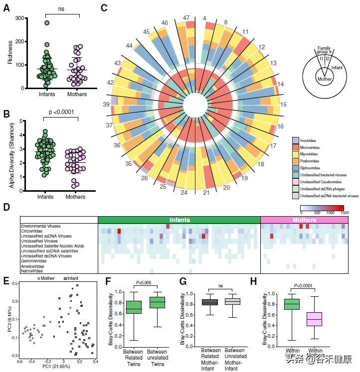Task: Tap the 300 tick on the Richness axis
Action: pyautogui.click(x=19, y=18)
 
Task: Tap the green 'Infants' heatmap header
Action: pyautogui.click(x=179, y=220)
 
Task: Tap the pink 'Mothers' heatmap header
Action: pyautogui.click(x=304, y=220)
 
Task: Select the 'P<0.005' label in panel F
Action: pyautogui.click(x=145, y=283)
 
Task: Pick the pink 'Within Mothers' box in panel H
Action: pyautogui.click(x=315, y=319)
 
